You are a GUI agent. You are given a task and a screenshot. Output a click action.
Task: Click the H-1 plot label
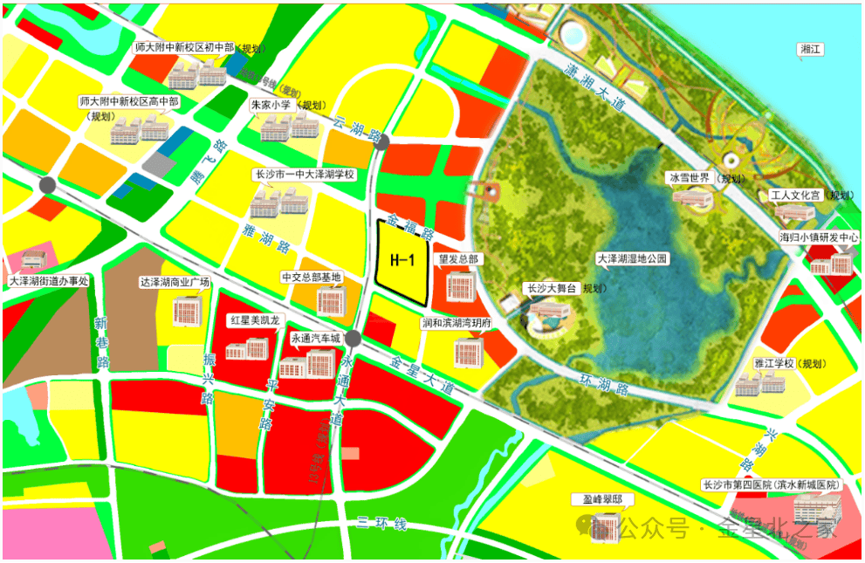pyautogui.click(x=401, y=259)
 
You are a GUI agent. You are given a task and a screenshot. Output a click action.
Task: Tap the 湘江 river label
pyautogui.click(x=811, y=50)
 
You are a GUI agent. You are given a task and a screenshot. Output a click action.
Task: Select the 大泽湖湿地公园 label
pyautogui.click(x=631, y=259)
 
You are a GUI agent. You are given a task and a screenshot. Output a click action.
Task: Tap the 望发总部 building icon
pyautogui.click(x=460, y=284)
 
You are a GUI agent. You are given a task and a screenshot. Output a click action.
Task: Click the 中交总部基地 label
pyautogui.click(x=311, y=278)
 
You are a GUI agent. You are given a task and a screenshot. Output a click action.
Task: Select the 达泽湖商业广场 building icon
pyautogui.click(x=187, y=309)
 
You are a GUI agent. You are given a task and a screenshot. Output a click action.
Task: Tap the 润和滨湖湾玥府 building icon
pyautogui.click(x=468, y=352)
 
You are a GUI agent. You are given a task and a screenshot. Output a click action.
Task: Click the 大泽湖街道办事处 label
pyautogui.click(x=49, y=282)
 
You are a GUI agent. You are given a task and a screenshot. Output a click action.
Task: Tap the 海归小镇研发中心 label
pyautogui.click(x=820, y=237)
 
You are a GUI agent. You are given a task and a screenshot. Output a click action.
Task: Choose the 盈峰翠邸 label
pyautogui.click(x=602, y=500)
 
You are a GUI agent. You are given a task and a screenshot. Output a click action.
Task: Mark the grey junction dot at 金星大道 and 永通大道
pyautogui.click(x=353, y=339)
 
